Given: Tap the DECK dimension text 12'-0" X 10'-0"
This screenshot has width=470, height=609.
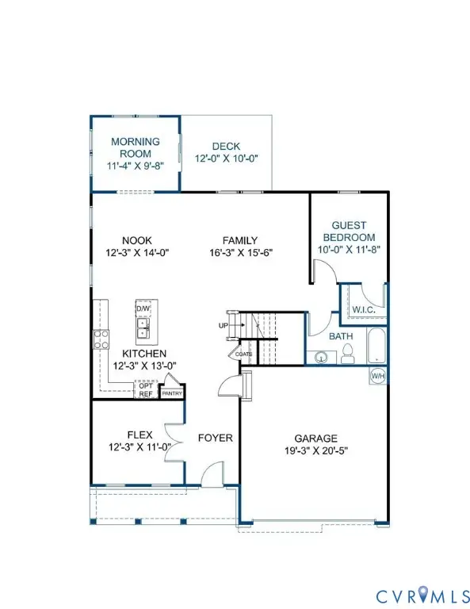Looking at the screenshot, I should point(227,159).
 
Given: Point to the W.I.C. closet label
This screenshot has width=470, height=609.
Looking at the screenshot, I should point(364,309).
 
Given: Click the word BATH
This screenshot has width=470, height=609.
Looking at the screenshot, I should point(341,337).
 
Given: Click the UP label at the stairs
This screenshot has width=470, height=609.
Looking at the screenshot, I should point(223,326).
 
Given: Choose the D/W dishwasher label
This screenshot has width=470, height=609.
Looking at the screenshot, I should point(143,308).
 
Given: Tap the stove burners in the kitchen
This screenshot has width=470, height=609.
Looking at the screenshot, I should point(101,339).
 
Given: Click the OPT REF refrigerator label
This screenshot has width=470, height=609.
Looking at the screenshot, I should point(146,390).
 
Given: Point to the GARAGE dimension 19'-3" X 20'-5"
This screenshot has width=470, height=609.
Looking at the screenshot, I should point(315,451).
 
